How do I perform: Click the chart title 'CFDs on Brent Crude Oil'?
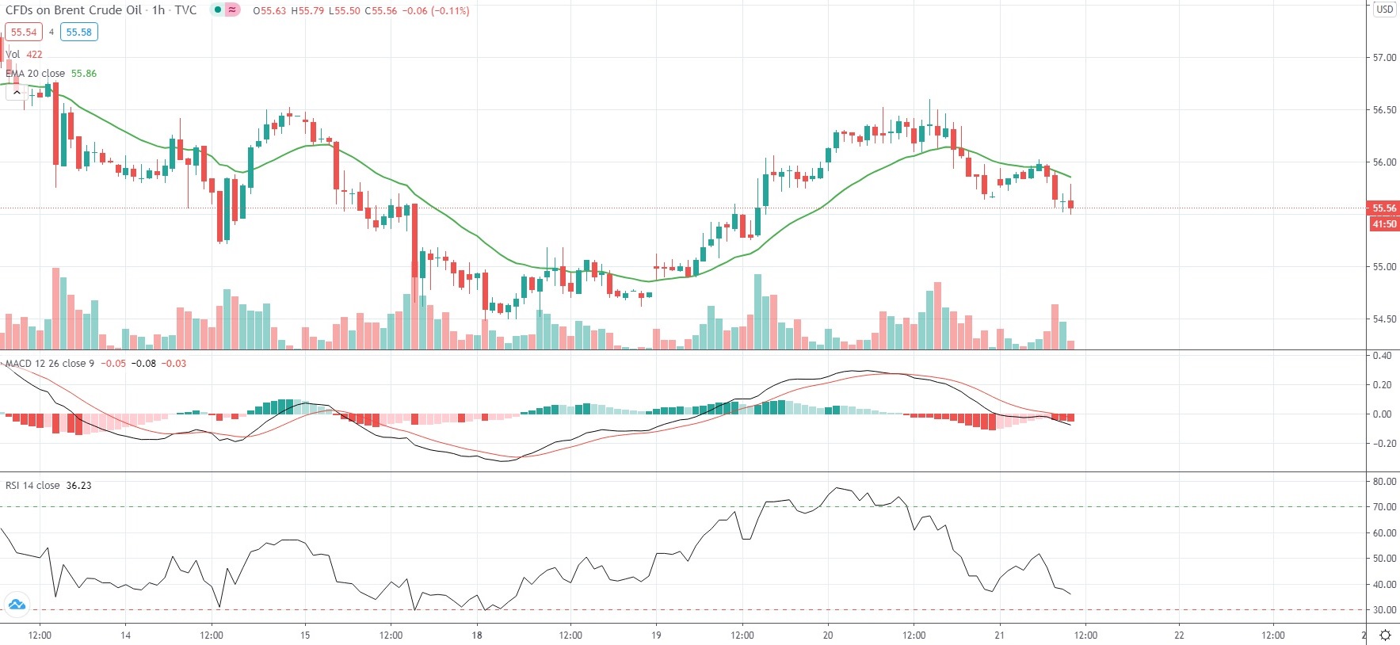point(74,10)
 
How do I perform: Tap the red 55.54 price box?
point(24,32)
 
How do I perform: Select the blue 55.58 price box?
point(78,32)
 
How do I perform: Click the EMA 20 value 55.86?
point(84,74)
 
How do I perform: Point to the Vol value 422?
point(34,55)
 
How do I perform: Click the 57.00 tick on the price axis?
point(1384,58)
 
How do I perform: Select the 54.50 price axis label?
point(1384,319)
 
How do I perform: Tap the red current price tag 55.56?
point(1383,208)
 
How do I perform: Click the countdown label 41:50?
point(1383,224)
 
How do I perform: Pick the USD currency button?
point(1384,10)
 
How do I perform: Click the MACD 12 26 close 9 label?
point(50,364)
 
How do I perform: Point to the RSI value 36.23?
point(78,486)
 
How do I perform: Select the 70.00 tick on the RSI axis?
point(1384,507)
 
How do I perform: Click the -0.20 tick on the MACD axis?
point(1382,444)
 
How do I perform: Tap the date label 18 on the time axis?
point(477,635)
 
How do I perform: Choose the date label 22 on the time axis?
point(1179,635)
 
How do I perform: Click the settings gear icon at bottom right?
point(1385,635)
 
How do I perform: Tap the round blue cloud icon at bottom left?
point(17,605)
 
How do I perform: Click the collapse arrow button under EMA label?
point(17,92)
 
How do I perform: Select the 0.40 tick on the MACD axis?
point(1382,356)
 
